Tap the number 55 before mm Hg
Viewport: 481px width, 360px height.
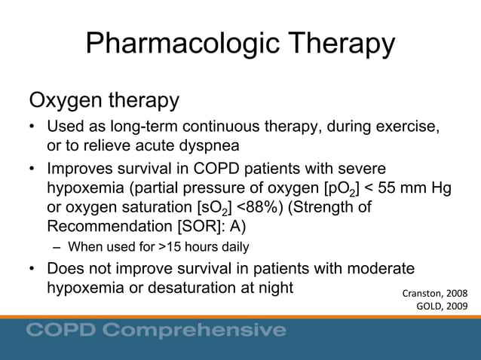pyautogui.click(x=388, y=187)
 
